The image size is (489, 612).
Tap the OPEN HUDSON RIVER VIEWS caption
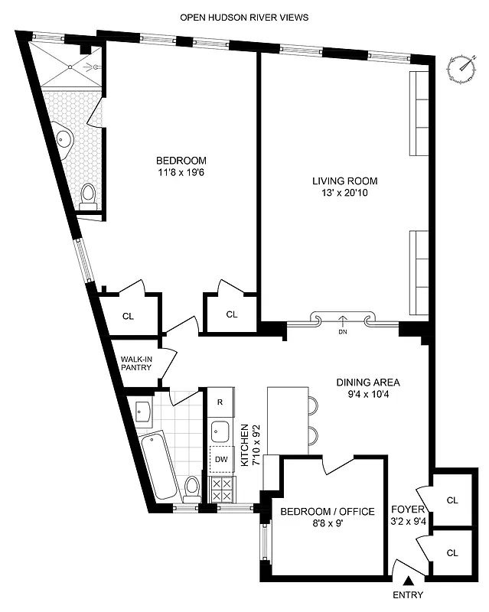coord(244,17)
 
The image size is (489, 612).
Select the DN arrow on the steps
coord(341,321)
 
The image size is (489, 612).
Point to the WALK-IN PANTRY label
coord(137,362)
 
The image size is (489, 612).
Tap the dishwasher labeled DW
coord(220,459)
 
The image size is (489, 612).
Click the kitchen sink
coord(220,431)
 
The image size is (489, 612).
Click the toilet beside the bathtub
coord(191,487)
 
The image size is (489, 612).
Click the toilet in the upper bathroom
coord(88,195)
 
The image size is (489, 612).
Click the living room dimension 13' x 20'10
coord(345,194)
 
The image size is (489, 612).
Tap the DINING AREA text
coord(368,382)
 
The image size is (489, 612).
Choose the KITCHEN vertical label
coord(246,444)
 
